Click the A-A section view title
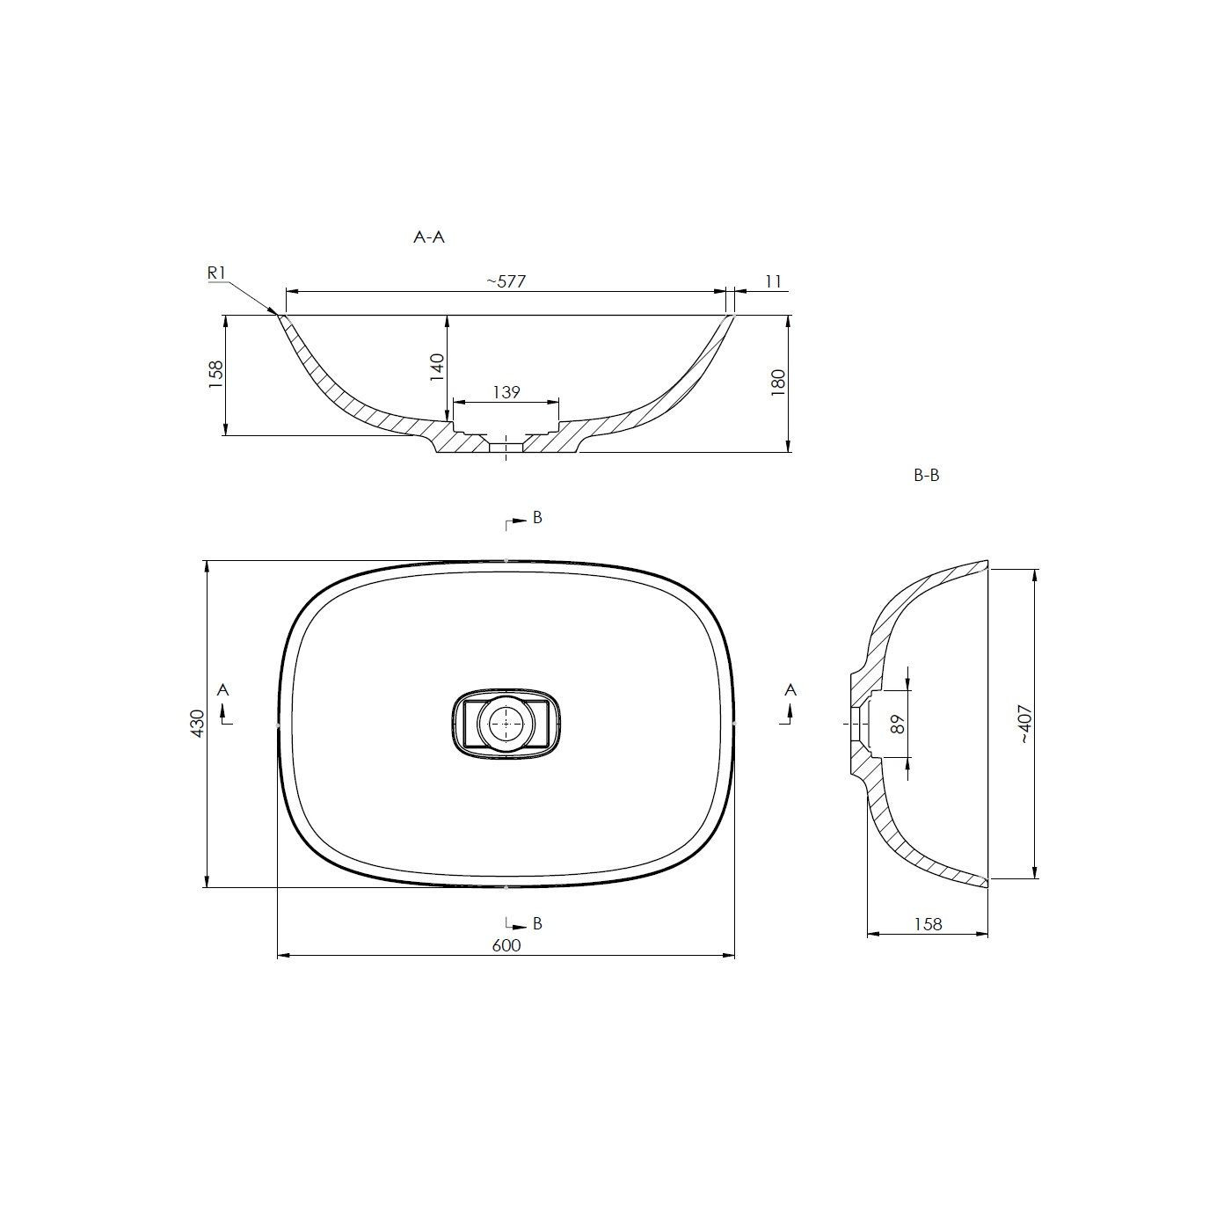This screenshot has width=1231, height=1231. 428,237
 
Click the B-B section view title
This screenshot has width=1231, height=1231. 926,476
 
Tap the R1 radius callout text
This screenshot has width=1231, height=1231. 217,273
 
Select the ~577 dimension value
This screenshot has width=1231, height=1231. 506,281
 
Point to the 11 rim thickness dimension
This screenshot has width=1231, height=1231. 773,281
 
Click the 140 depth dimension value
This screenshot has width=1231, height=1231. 438,367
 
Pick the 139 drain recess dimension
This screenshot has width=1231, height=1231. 506,392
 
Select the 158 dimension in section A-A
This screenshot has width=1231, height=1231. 216,375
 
